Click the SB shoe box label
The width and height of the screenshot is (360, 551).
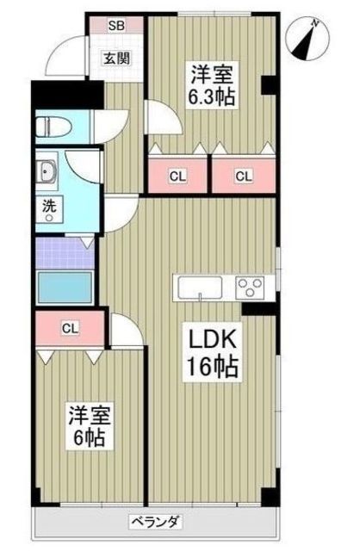coord(116,25)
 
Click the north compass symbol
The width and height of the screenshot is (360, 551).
coord(308,39)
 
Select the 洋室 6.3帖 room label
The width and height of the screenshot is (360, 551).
coord(212,84)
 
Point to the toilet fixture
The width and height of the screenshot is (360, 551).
coord(53,127)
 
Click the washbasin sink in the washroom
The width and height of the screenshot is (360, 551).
coord(47,170)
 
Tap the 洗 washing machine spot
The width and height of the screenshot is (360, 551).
coord(49,209)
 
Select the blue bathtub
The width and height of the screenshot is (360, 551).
coord(65,287)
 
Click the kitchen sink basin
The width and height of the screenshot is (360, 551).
coord(200,288)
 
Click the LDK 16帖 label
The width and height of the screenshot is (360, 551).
coord(212,352)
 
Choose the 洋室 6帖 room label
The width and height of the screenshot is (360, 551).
coord(90,426)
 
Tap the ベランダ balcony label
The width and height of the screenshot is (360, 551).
coord(157,522)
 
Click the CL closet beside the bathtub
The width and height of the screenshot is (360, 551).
coord(70,329)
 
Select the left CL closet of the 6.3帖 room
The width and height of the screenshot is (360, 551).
coord(177,176)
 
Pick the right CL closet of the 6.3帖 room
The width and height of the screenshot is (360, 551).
coord(244,176)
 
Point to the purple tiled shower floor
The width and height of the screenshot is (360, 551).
coord(65,253)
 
